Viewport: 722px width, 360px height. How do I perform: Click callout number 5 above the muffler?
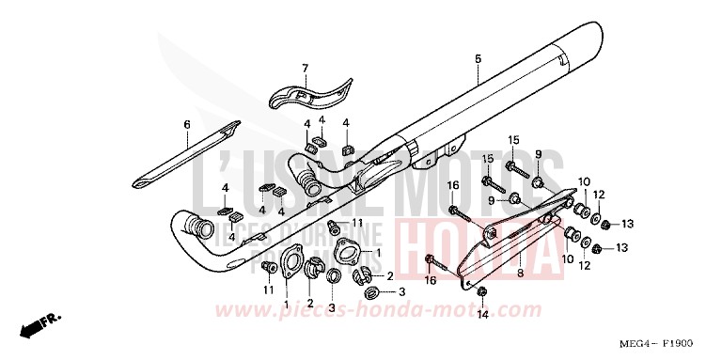click(478, 60)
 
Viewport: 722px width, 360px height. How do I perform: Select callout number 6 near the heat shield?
click(186, 125)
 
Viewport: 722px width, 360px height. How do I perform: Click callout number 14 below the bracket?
click(481, 316)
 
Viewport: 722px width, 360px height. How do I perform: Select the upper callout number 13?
click(628, 224)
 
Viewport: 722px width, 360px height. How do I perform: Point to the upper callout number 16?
click(452, 185)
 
